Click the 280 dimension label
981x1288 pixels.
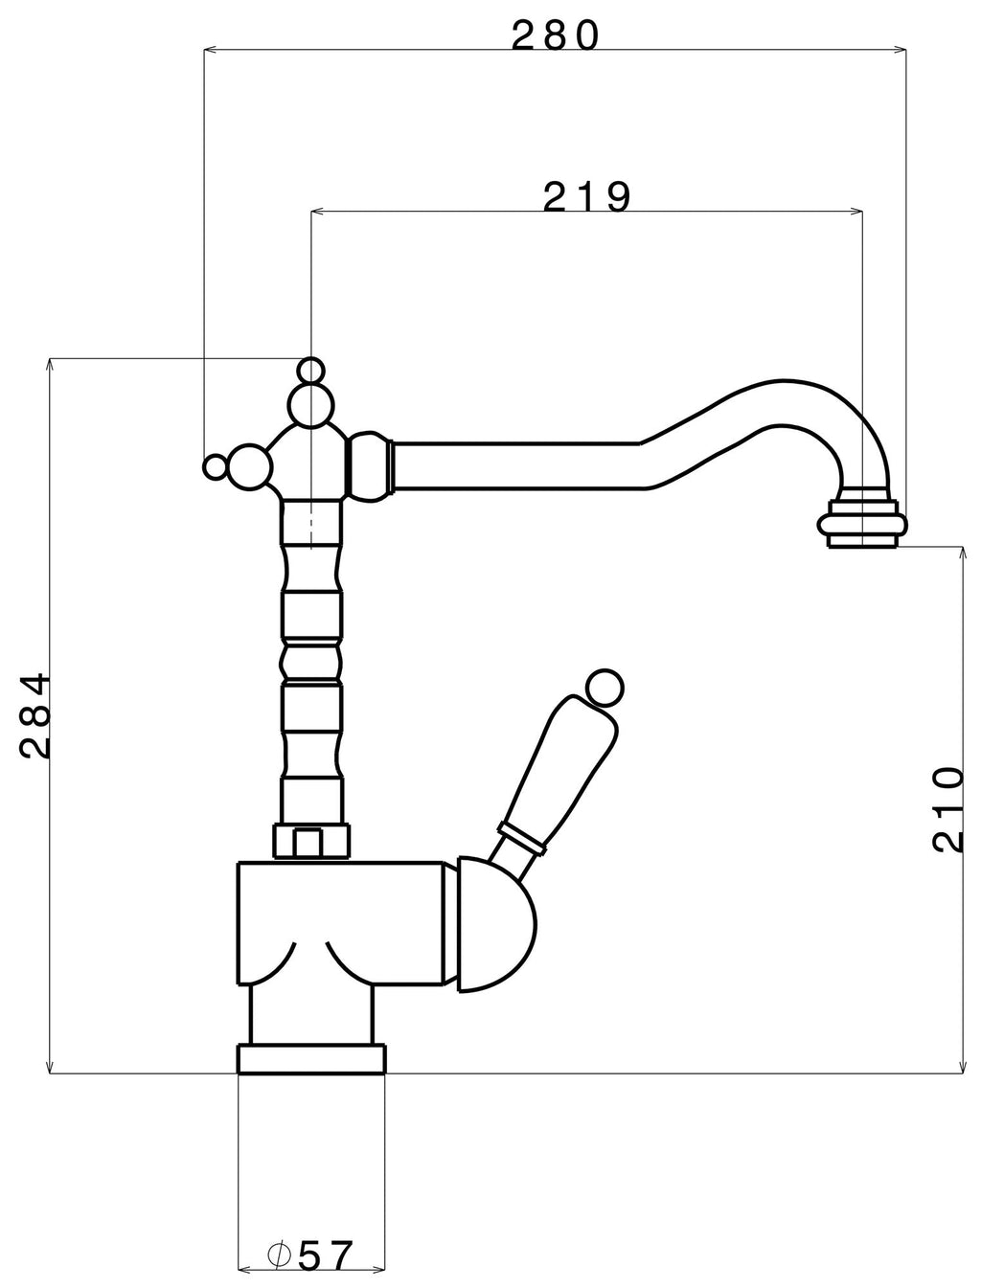tap(556, 35)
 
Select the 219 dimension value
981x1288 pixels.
tap(586, 197)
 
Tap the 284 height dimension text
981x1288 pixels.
tap(34, 716)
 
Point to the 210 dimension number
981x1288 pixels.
tap(948, 809)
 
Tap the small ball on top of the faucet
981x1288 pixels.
tap(310, 371)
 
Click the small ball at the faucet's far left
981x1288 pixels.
tap(216, 467)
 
